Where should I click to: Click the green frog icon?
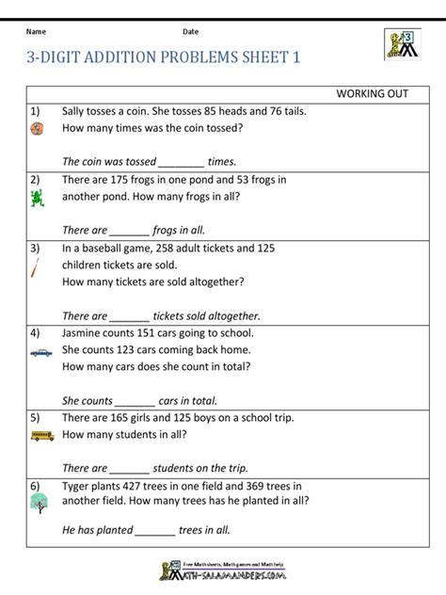point(37,199)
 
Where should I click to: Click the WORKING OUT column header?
point(372,94)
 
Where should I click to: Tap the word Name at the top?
point(37,32)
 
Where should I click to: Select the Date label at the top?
point(191,32)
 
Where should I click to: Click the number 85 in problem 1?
point(215,111)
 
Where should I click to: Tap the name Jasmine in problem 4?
point(85,332)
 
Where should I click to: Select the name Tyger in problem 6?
point(78,486)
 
